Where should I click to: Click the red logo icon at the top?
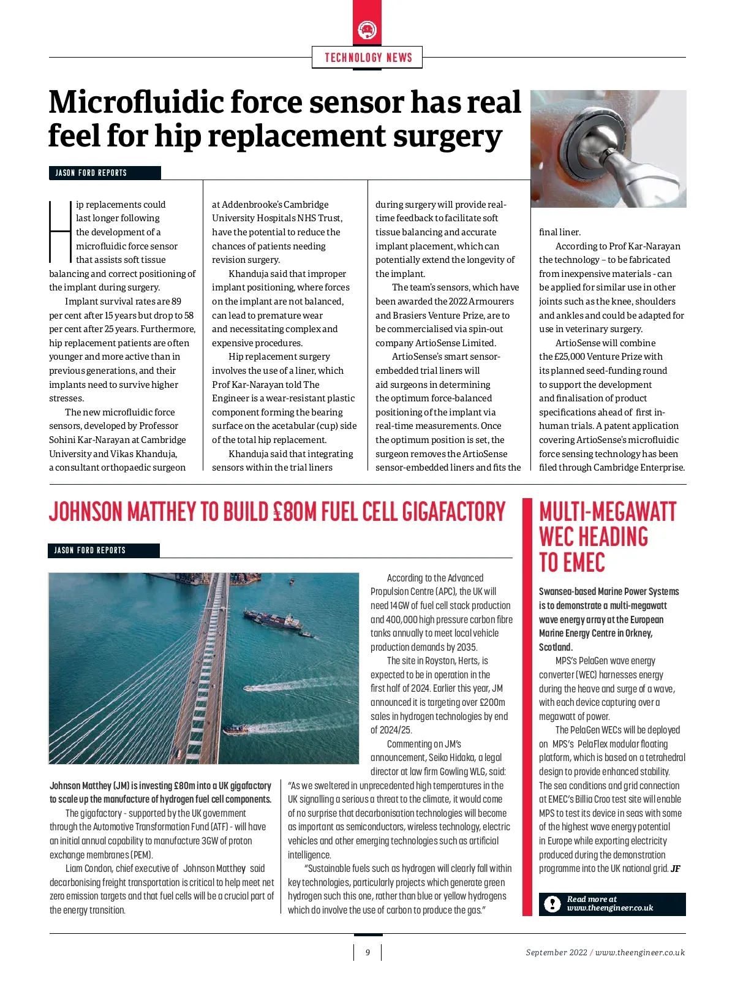point(367,30)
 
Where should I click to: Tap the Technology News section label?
point(367,58)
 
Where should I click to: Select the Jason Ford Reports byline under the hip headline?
point(91,173)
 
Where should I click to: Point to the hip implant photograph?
point(608,148)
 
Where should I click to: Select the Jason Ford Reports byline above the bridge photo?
point(90,550)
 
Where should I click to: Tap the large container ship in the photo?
point(273,621)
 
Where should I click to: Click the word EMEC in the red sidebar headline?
point(571,562)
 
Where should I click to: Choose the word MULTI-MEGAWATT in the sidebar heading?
point(607,512)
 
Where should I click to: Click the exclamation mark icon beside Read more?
point(552,904)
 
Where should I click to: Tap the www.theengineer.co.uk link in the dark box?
point(610,908)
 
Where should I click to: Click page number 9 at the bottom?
point(367,952)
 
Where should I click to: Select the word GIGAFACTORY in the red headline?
point(454,512)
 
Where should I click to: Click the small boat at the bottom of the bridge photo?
point(236,729)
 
